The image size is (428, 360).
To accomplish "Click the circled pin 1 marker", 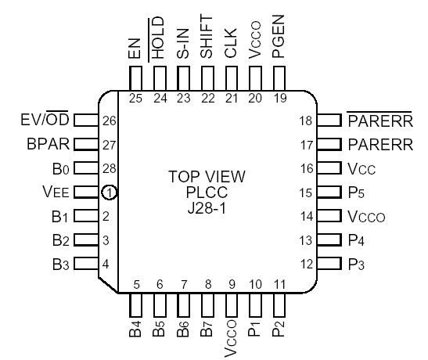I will [x=110, y=191].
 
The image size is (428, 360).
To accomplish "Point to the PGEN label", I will [x=277, y=45].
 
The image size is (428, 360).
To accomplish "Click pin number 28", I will [x=111, y=168].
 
